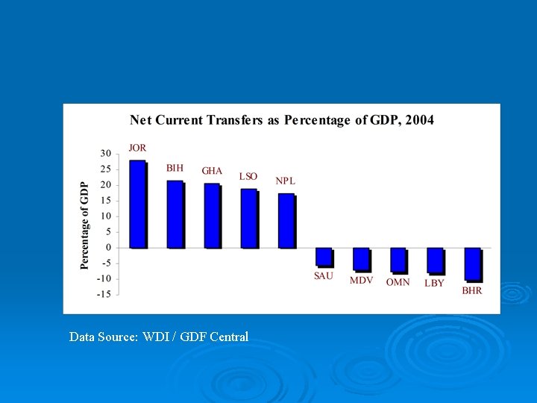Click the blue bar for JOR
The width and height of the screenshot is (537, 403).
[138, 204]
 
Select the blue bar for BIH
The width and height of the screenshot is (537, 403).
[175, 214]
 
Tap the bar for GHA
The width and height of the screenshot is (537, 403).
[213, 216]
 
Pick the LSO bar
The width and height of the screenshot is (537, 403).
[249, 218]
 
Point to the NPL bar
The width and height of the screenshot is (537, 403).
[286, 221]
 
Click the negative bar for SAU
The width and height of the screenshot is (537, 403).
[324, 257]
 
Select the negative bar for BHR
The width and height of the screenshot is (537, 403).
[473, 264]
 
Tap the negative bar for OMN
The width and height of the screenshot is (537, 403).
[398, 260]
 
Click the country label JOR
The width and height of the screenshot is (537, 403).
[137, 148]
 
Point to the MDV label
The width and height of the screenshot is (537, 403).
[361, 281]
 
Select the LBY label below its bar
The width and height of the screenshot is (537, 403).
[434, 283]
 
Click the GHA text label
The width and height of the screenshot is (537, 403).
[212, 171]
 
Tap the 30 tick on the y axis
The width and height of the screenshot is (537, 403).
[106, 153]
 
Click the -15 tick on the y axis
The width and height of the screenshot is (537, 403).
[104, 294]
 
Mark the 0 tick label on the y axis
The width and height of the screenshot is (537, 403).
[108, 247]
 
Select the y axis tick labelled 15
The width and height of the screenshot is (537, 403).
[106, 200]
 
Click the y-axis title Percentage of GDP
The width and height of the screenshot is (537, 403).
[85, 224]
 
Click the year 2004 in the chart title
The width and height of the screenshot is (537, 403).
[418, 120]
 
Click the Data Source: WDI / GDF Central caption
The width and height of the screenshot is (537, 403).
[158, 337]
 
